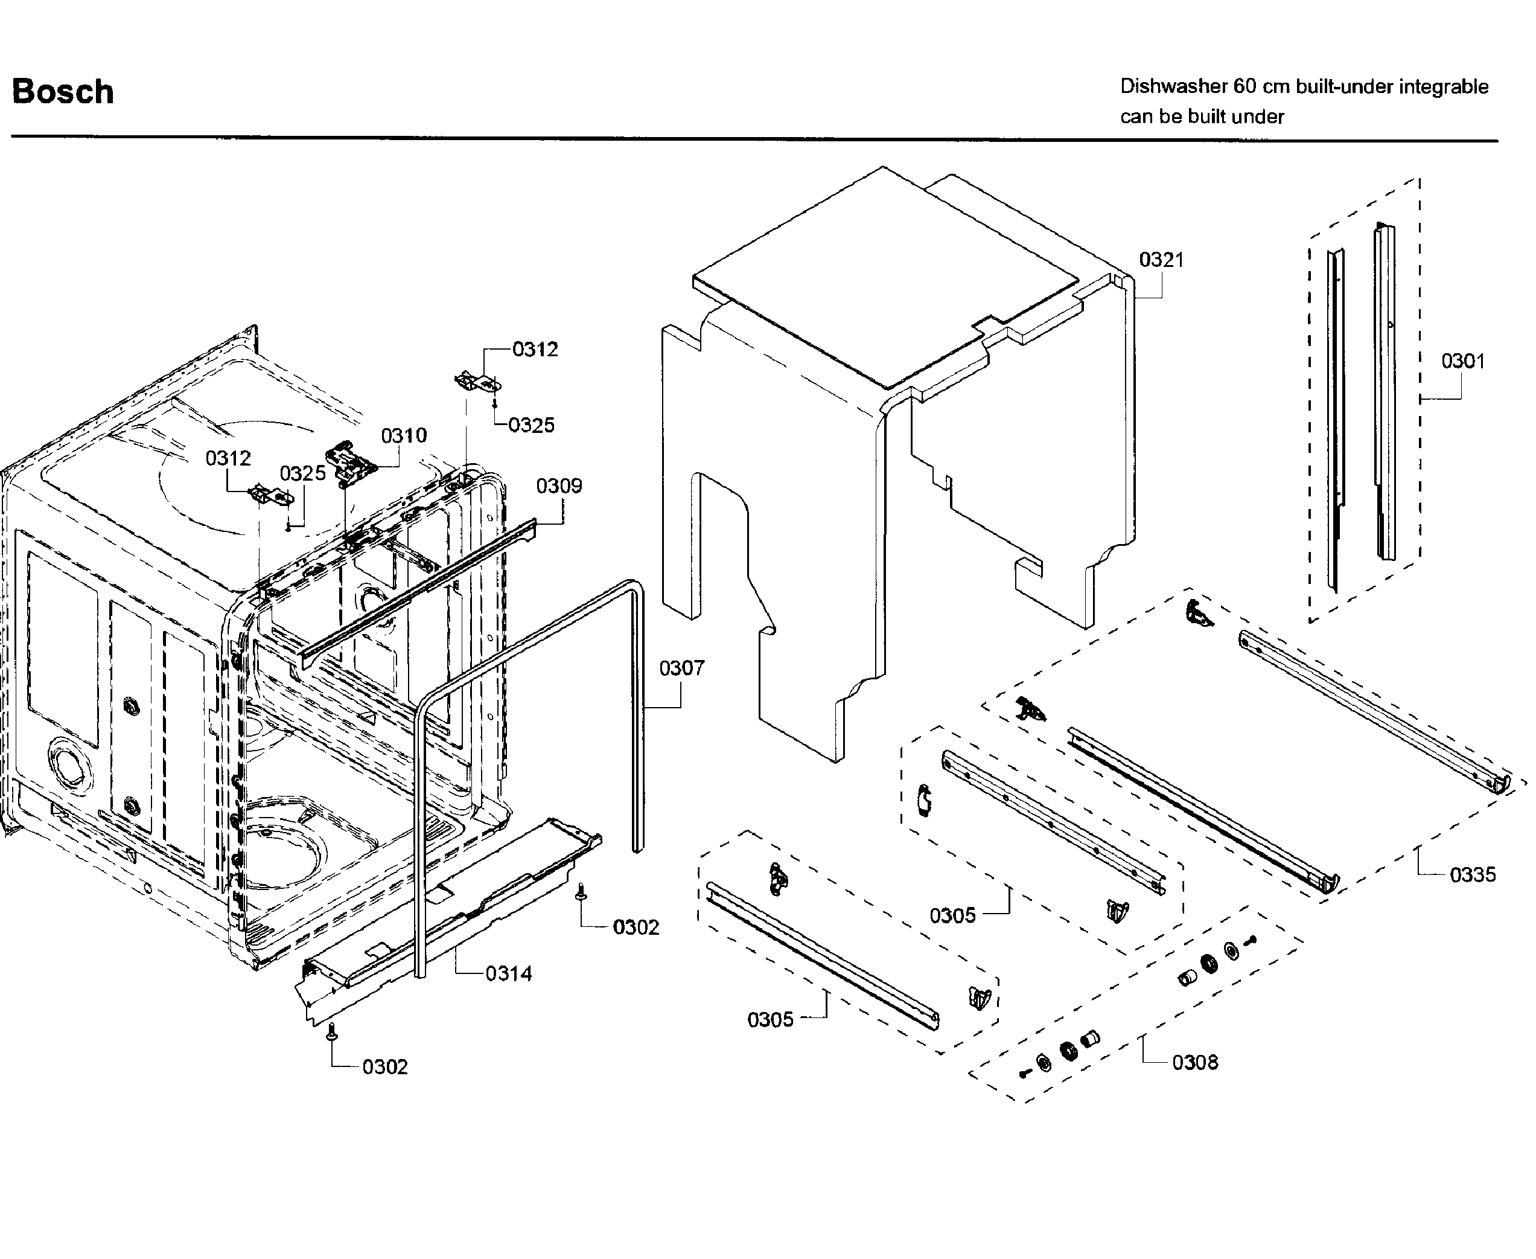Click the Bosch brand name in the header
[63, 92]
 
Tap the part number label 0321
[1161, 260]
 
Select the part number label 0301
[1462, 361]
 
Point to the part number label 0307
[681, 668]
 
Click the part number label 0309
[559, 486]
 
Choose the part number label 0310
[404, 436]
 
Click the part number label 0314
[508, 973]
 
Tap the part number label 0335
[1472, 874]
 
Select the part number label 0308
[1194, 1063]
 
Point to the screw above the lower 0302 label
[332, 1031]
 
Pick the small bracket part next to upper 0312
[477, 382]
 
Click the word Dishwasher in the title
[1173, 87]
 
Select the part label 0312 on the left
[228, 458]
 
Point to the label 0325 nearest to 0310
[302, 473]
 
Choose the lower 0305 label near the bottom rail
[770, 1020]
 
